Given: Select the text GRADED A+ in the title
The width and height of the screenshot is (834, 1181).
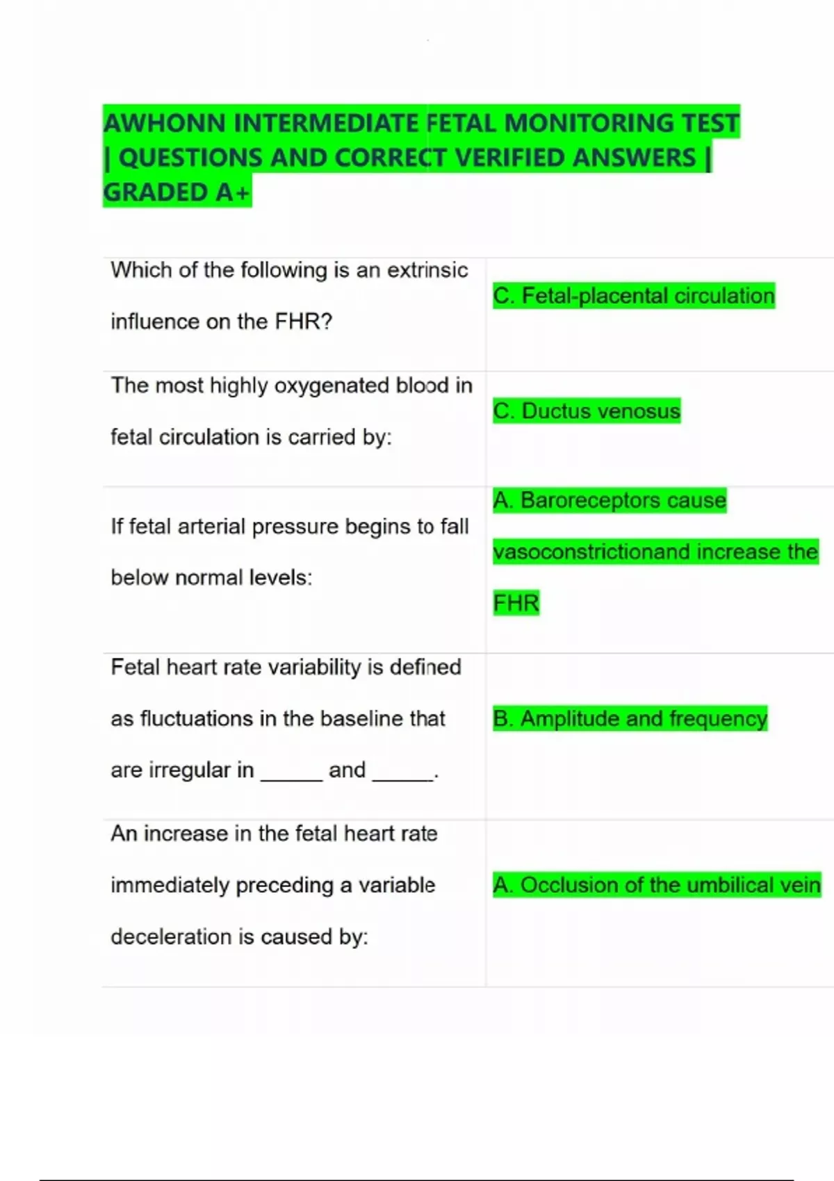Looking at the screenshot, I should coord(177,192).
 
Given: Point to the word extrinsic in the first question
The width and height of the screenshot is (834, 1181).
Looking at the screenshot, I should coord(427,270).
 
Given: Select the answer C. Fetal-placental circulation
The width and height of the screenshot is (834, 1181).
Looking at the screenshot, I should coord(633,295).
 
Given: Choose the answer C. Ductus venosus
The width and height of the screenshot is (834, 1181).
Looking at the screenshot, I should coord(587,411).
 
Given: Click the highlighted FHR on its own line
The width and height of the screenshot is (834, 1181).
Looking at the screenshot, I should coord(516,603).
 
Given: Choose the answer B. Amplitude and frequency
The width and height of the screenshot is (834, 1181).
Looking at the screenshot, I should coord(630,718).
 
